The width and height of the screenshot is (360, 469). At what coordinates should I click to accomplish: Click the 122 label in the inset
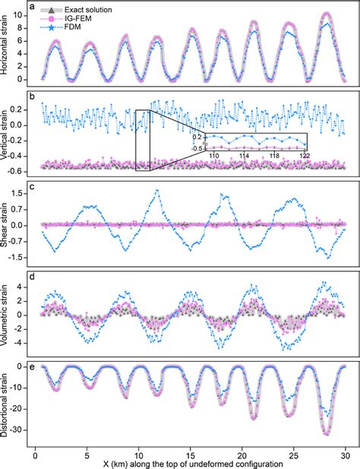pyautogui.click(x=304, y=155)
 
